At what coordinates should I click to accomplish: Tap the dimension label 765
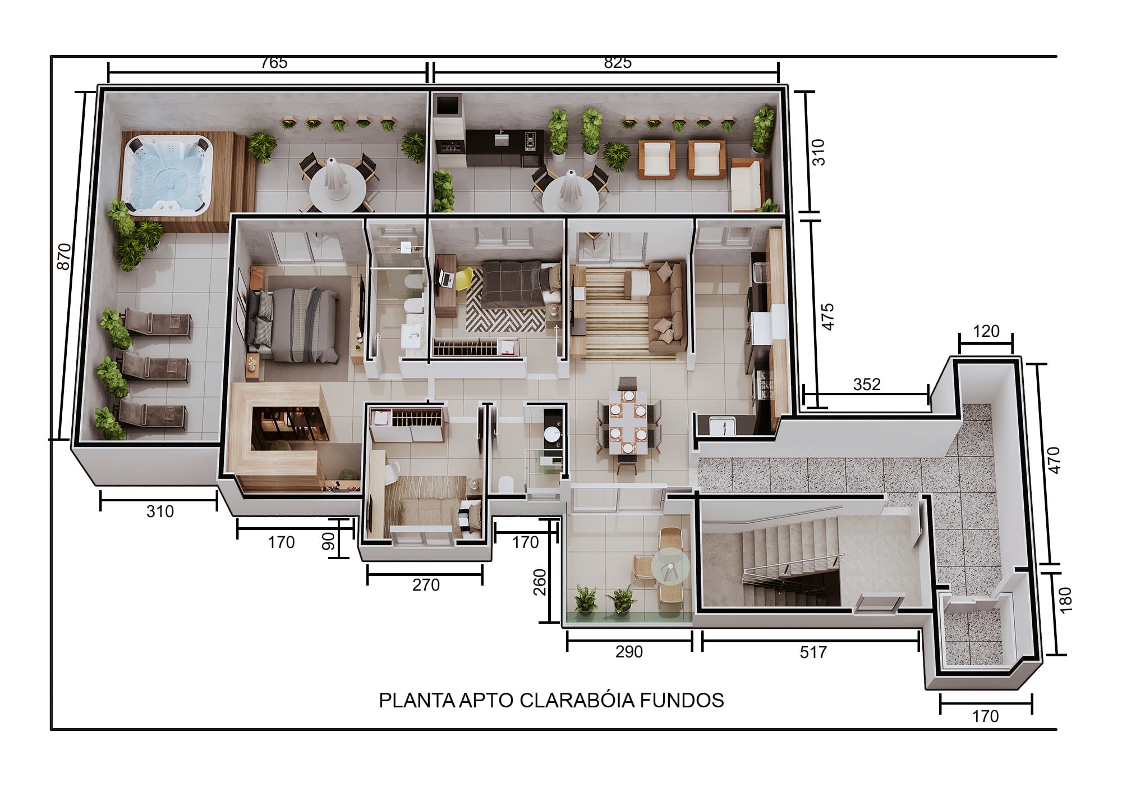click(274, 62)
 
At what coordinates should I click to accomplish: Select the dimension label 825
click(618, 62)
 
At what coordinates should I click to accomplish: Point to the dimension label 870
click(64, 256)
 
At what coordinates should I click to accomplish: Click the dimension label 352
click(867, 385)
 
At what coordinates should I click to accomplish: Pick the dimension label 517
click(813, 652)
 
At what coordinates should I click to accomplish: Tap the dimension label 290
click(629, 652)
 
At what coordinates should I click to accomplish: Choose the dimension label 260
click(539, 582)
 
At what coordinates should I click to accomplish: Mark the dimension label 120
click(986, 331)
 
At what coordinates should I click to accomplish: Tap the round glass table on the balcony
click(670, 570)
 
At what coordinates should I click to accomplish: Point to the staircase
click(791, 561)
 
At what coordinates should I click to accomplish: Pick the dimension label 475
click(827, 317)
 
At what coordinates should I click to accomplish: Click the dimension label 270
click(426, 585)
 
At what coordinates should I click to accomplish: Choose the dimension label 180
click(1065, 599)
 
